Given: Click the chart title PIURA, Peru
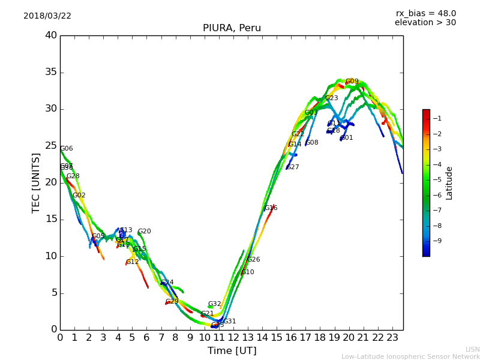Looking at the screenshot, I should point(232,28).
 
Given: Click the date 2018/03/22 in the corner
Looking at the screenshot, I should point(47,16).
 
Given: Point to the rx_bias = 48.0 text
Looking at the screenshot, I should point(425,14).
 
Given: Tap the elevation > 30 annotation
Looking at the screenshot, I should point(425,23).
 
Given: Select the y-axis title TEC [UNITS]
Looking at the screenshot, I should point(36,182).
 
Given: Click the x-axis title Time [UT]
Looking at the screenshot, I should point(232,351).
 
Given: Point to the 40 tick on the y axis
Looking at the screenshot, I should point(51,35).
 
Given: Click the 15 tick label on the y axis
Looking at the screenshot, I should point(51,219).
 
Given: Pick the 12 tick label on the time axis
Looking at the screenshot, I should point(233,337).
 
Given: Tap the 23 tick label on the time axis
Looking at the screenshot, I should point(392,337).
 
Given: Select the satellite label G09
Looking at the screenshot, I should point(352,82).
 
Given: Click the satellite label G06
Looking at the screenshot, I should point(67,149).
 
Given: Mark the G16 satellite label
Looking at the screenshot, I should point(271,208).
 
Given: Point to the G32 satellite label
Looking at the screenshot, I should point(215,304).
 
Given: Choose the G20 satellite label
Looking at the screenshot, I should point(145,232).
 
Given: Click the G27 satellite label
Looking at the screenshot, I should point(293,167).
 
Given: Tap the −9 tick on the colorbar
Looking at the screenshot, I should point(437,241).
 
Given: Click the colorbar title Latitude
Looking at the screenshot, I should point(449,182).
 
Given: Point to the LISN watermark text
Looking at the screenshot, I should point(472,349).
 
